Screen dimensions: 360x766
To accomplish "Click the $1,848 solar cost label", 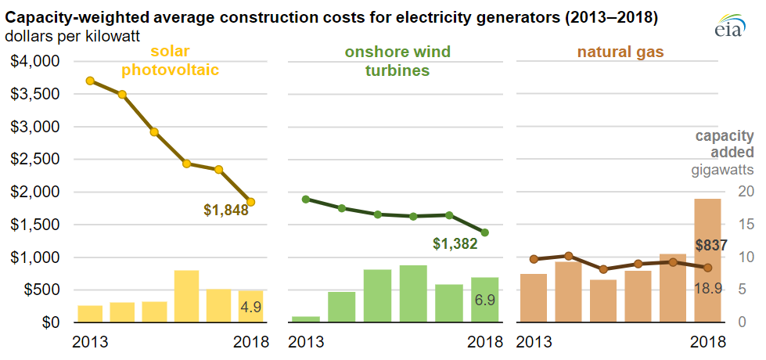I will [226, 210].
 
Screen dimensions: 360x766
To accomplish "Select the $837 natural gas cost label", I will [711, 246].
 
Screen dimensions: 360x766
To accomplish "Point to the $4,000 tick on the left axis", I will [34, 61].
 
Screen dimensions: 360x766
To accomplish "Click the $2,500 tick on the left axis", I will [34, 160].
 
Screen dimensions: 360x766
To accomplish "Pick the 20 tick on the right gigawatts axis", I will [747, 192].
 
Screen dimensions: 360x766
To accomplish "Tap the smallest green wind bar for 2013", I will [305, 319].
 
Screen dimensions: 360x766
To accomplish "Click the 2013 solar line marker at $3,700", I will [90, 81].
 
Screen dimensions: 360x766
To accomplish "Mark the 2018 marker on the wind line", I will [485, 232].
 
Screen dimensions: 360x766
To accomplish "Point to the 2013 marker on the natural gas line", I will [534, 259].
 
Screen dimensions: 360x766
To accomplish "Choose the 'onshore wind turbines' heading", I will [398, 61].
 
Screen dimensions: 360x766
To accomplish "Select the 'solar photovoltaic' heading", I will [170, 61].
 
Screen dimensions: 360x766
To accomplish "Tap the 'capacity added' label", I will [726, 144].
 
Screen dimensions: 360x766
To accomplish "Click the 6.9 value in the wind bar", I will [485, 300].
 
